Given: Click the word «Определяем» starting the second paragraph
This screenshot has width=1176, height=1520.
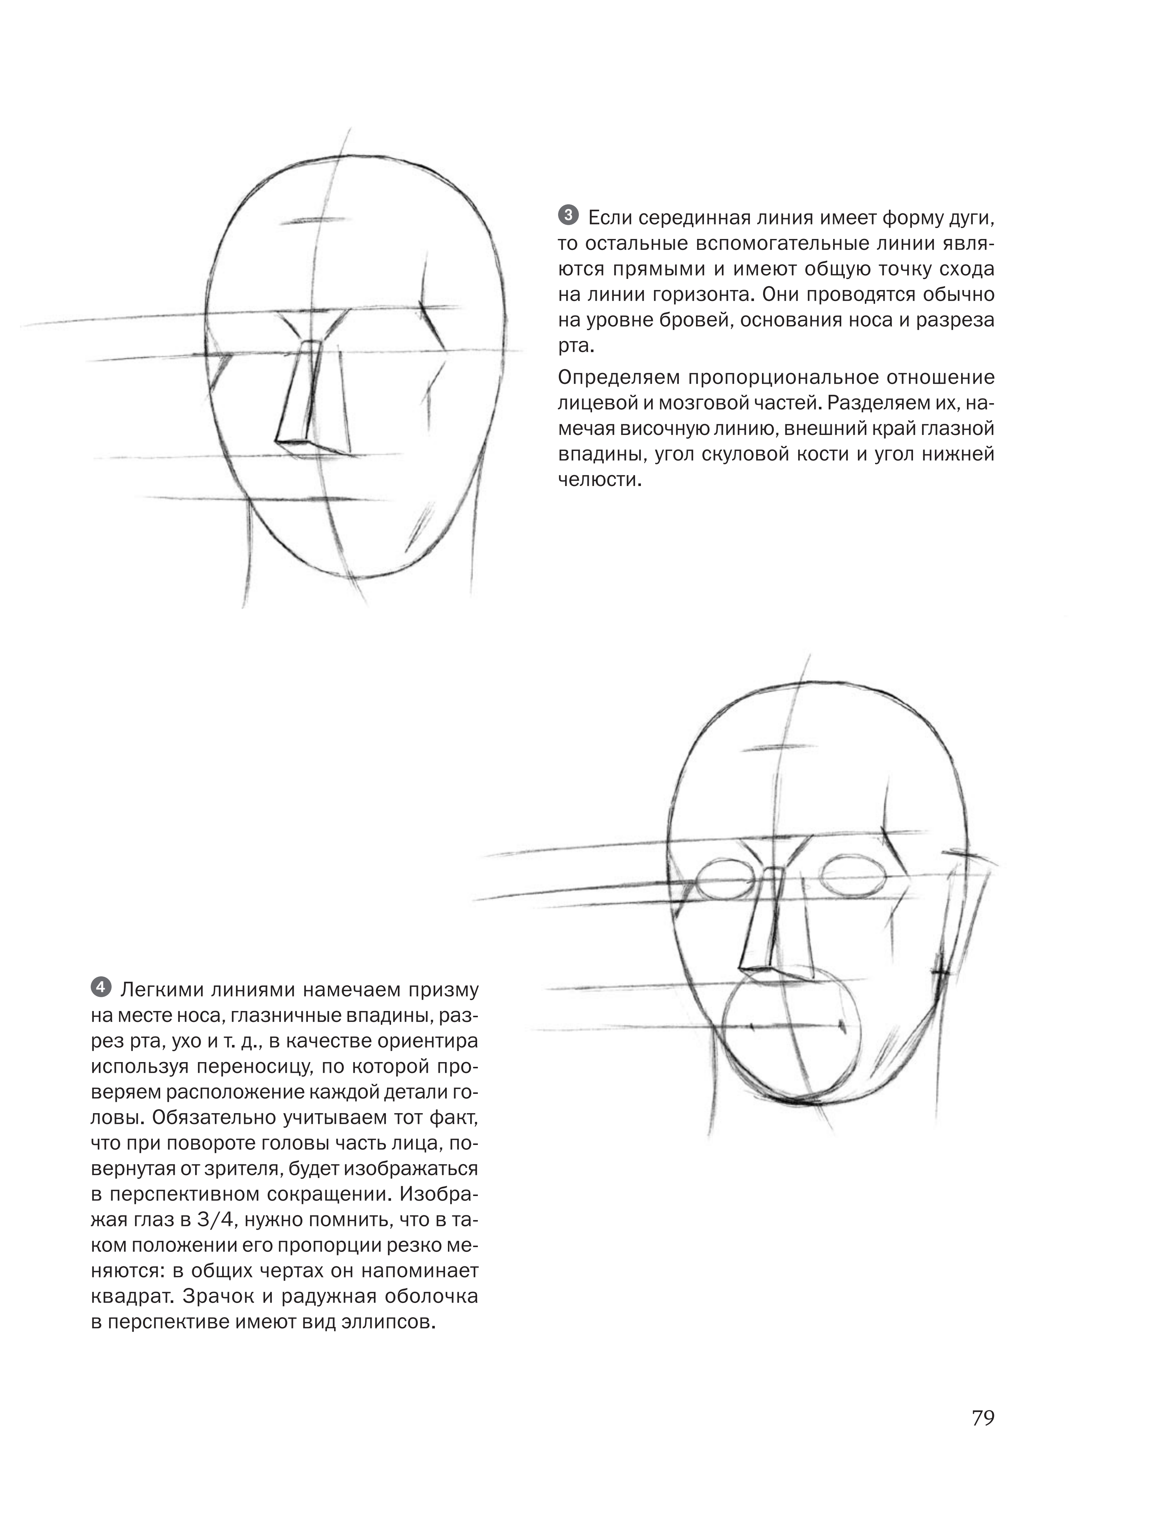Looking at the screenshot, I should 618,378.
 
